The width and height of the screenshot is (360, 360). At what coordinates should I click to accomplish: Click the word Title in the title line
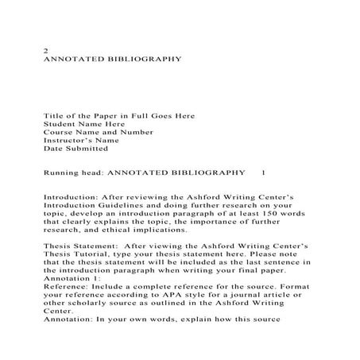point(52,116)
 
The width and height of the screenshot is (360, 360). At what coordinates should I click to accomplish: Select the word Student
point(59,124)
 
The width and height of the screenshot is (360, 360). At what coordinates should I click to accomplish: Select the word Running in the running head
point(60,172)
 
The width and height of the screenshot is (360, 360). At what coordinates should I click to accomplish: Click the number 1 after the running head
point(264,172)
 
